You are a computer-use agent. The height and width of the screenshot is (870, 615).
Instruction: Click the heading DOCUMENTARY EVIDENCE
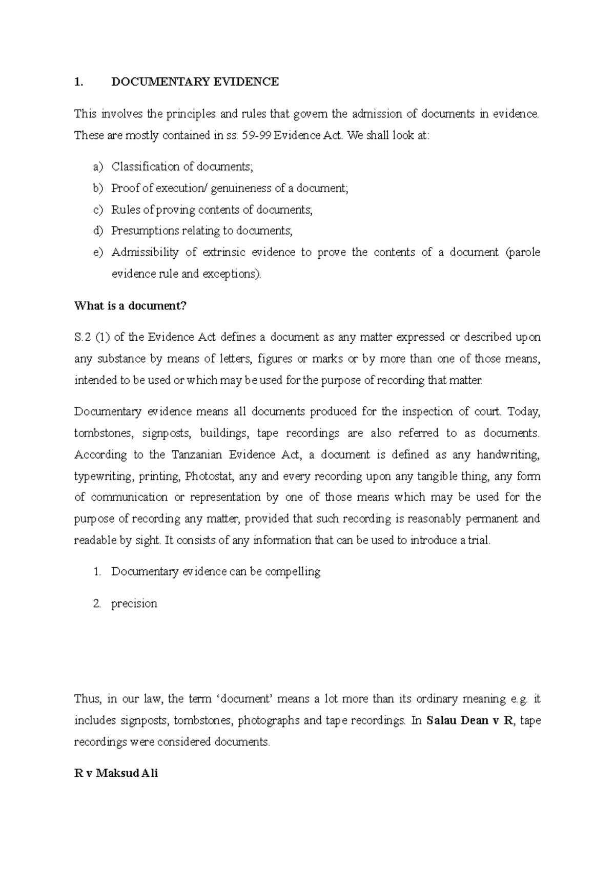[195, 82]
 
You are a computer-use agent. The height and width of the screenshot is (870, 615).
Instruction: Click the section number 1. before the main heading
[78, 82]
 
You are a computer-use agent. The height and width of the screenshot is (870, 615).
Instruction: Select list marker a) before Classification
[98, 167]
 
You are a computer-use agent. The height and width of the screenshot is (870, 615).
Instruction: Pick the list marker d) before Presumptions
[98, 231]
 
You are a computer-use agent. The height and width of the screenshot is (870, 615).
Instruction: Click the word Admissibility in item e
[145, 252]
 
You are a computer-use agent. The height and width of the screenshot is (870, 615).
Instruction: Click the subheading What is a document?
[130, 306]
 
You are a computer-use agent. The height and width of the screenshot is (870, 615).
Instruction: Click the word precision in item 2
[134, 604]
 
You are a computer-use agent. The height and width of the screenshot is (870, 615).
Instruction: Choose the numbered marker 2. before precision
[97, 604]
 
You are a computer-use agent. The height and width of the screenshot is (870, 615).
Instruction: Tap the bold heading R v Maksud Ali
[116, 773]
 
